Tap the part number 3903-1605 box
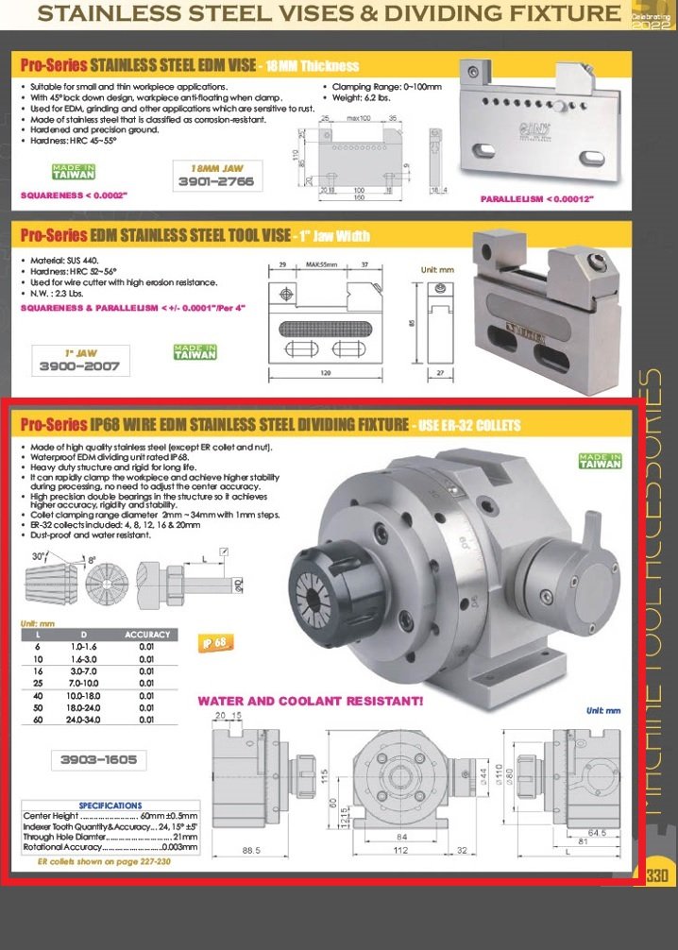(x=98, y=758)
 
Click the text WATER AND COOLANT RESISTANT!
(x=310, y=702)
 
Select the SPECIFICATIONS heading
(x=110, y=806)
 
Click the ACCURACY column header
(x=147, y=635)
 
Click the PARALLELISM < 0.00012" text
(x=537, y=199)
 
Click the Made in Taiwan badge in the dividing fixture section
(x=601, y=461)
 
